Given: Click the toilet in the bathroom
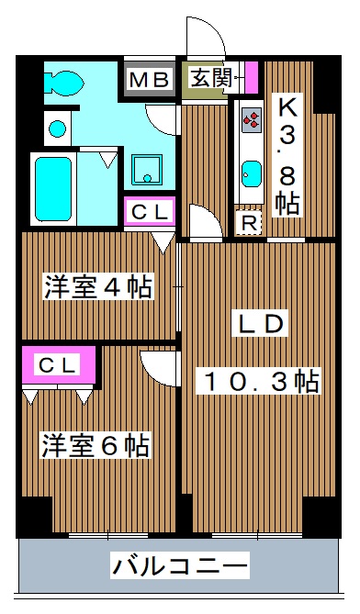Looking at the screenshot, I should click(65, 82).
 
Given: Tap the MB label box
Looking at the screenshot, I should click(149, 80).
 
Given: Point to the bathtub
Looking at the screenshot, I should click(54, 187).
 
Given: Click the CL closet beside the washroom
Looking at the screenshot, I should click(150, 212).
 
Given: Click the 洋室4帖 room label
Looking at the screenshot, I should click(97, 287).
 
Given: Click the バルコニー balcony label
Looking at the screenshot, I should click(180, 565).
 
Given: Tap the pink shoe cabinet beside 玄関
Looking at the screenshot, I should click(252, 78).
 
